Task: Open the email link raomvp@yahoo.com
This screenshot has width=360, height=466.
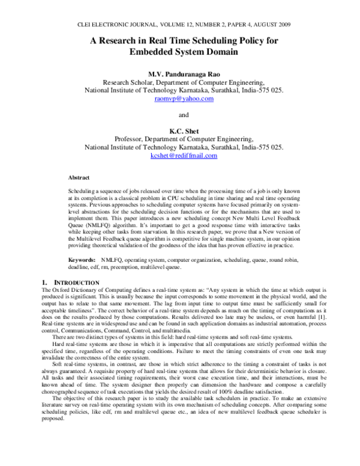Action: coord(180,98)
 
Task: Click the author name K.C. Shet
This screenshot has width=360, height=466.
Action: coord(180,130)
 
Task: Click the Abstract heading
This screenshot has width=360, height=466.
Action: coord(79,178)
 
